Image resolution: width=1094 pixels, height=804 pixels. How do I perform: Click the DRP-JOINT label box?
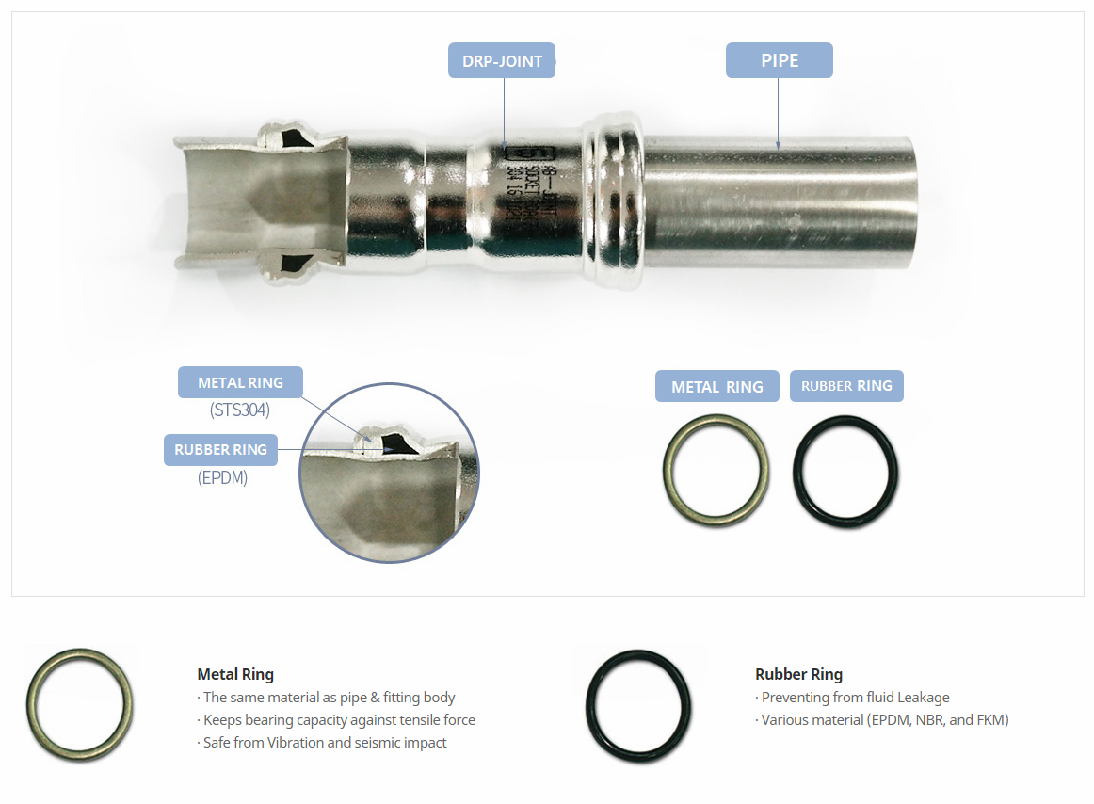[x=502, y=61]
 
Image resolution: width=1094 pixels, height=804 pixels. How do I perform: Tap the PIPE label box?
[x=779, y=60]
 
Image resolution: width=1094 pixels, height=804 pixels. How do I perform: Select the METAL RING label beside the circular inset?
[x=240, y=383]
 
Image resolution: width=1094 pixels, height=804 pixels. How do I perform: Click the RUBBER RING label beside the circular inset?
[x=220, y=450]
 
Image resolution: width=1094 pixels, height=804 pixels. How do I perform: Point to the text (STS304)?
[x=240, y=410]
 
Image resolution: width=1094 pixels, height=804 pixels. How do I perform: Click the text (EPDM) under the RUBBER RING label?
[x=222, y=477]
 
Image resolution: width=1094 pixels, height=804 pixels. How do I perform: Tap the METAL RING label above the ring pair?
[x=716, y=387]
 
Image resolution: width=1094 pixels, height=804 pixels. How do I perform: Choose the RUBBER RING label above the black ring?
[x=846, y=386]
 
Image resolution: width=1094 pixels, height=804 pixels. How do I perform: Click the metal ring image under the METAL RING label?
[x=716, y=468]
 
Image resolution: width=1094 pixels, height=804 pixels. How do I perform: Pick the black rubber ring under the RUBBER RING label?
[x=845, y=468]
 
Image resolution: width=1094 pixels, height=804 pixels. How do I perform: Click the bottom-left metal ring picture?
[x=79, y=704]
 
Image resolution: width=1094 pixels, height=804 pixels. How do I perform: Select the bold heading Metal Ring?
[x=235, y=674]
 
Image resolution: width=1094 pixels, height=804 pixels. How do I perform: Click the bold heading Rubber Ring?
[x=798, y=674]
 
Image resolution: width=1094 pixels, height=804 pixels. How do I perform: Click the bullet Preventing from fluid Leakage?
[x=853, y=698]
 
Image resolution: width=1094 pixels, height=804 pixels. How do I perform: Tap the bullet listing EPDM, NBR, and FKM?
[x=882, y=720]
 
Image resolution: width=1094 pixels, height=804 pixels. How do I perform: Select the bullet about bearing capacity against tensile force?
[x=337, y=720]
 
